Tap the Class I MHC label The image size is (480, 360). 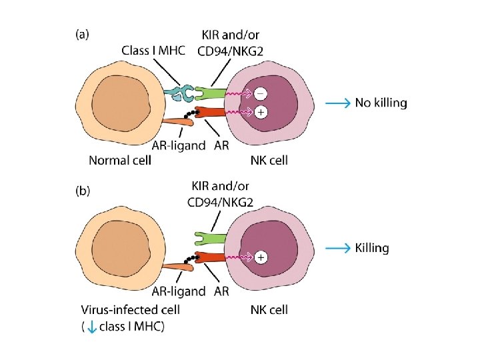(157, 49)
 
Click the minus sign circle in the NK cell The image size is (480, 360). (261, 93)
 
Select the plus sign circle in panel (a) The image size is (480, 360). (261, 113)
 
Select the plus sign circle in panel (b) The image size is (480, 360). (261, 257)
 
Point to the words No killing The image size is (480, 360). (381, 103)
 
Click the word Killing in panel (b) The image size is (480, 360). (372, 248)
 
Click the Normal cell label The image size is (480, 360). (120, 160)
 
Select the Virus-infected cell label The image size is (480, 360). (130, 309)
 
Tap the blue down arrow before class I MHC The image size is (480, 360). (91, 326)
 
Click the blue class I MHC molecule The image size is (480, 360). (179, 94)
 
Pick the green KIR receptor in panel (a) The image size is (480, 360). (211, 93)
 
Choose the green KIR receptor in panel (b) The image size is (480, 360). (211, 237)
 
